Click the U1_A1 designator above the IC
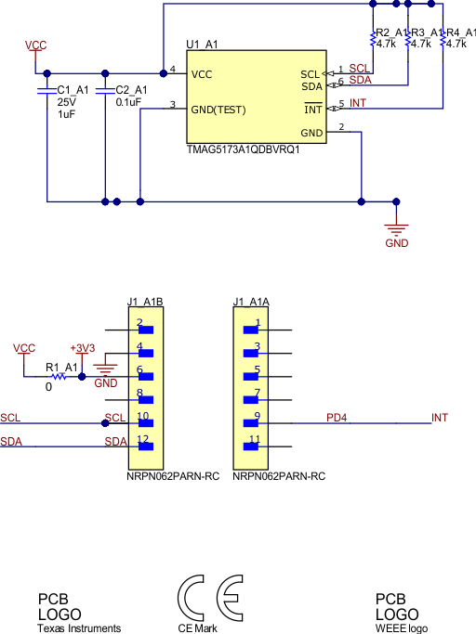pos(202,44)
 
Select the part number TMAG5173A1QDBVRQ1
pos(243,149)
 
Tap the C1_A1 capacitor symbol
pos(46,91)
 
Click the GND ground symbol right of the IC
pos(397,227)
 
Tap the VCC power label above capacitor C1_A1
pos(35,45)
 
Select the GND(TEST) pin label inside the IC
pos(218,110)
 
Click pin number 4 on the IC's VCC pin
pos(173,70)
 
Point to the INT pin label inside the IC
pos(314,110)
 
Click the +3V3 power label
pos(83,348)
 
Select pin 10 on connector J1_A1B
pos(142,416)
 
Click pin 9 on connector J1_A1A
pos(257,416)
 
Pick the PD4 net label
pos(337,418)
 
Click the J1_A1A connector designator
pos(250,302)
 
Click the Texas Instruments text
pos(79,628)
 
